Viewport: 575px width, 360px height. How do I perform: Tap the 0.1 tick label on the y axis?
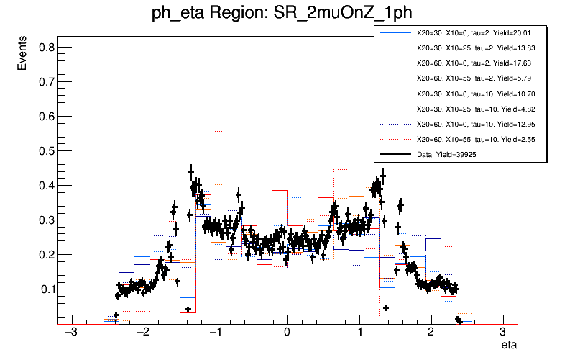43,289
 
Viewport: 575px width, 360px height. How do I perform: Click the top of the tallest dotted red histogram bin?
218,131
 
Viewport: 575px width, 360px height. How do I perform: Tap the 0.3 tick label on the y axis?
43,220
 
